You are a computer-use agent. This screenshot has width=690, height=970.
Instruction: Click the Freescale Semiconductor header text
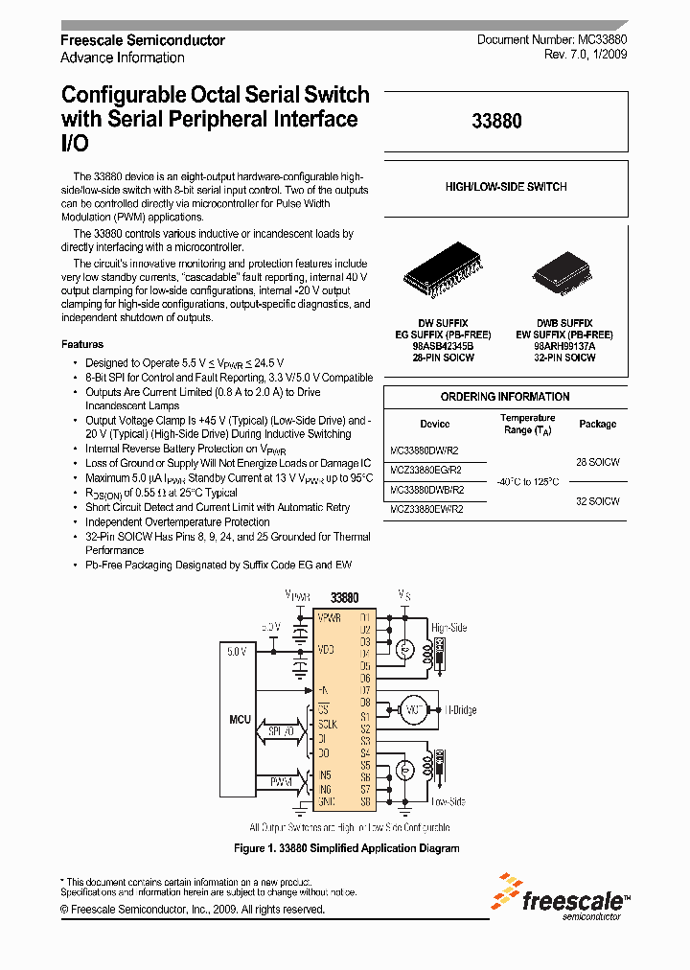point(143,40)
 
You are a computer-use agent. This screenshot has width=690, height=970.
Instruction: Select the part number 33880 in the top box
point(497,123)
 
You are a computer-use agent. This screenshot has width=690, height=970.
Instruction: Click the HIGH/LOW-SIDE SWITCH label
point(506,187)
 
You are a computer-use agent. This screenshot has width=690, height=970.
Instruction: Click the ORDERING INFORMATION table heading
point(505,397)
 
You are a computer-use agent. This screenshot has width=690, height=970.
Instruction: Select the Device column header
point(434,424)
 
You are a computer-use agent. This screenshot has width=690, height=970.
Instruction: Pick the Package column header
point(598,424)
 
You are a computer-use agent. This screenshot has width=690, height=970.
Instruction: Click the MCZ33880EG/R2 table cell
point(426,471)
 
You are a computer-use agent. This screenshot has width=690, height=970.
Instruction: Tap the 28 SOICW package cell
point(598,462)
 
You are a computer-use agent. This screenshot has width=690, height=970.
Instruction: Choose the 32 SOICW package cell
point(598,501)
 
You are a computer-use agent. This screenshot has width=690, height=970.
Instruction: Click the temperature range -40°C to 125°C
point(527,481)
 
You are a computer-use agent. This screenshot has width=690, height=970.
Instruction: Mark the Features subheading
point(82,344)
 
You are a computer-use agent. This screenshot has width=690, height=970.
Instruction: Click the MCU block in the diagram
point(240,718)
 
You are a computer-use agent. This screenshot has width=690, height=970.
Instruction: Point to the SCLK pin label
point(329,725)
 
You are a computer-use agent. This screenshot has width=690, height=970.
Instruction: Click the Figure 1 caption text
point(347,848)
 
